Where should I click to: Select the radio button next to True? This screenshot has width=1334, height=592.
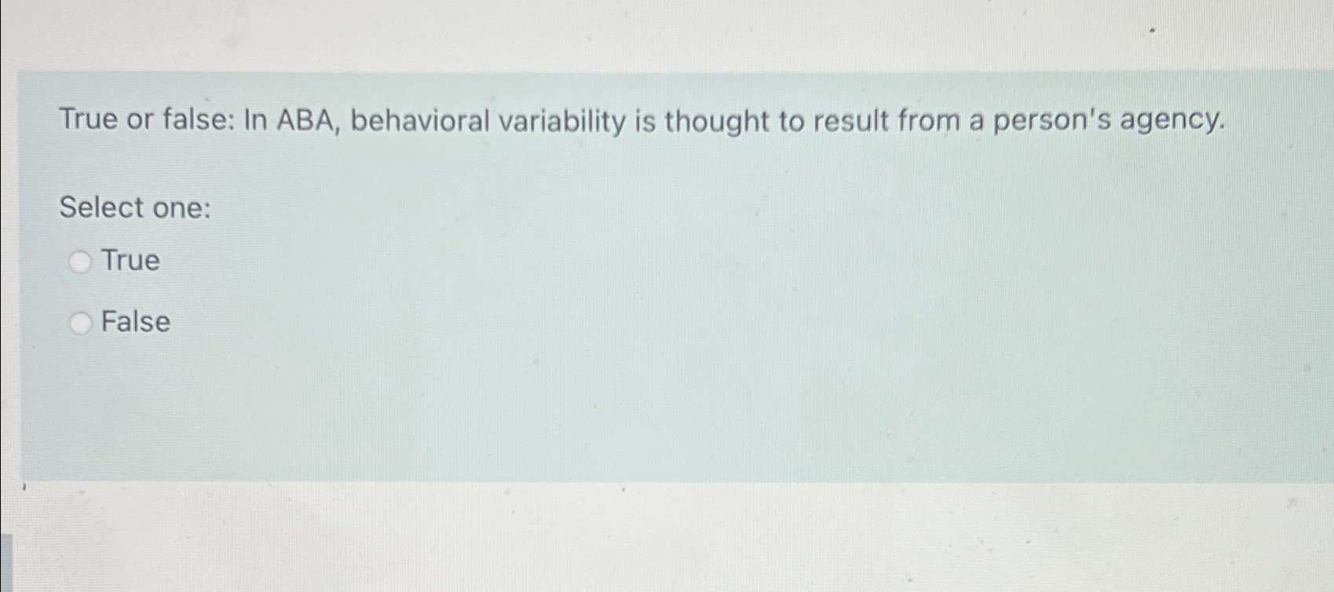80,261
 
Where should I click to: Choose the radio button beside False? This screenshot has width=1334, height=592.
80,323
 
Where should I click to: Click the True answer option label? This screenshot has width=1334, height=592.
130,260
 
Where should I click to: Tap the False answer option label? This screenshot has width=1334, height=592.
136,322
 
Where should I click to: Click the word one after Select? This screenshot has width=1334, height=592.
181,209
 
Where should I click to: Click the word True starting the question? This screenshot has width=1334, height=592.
88,119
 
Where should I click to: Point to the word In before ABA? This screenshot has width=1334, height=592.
256,120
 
